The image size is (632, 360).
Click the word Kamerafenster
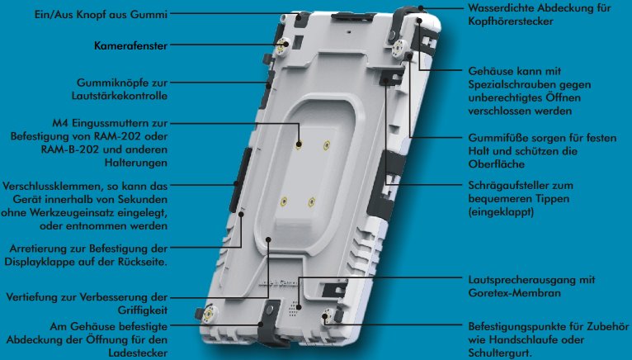tap(130, 45)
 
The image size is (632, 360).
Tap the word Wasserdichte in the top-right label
tap(502, 7)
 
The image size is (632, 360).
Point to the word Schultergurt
tap(500, 353)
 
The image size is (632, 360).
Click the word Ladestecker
tap(138, 353)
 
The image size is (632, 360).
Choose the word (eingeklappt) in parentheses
tap(501, 212)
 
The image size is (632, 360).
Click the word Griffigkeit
tap(143, 310)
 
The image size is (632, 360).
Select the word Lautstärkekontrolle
tap(120, 96)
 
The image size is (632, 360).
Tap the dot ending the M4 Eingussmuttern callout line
tap(299, 144)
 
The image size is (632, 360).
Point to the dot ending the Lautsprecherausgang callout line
tap(299, 307)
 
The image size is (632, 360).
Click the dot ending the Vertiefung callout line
tap(268, 239)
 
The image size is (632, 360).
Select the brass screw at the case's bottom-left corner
tap(210, 314)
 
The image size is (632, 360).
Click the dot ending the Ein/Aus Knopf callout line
tap(299, 17)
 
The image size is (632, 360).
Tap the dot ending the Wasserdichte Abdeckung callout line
tap(421, 7)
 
